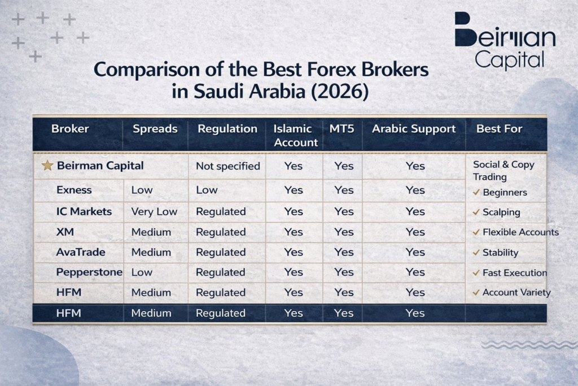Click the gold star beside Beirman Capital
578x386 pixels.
tap(47, 166)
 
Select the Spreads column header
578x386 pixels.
tap(155, 129)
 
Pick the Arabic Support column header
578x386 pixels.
tap(413, 129)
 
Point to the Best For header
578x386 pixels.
tap(499, 129)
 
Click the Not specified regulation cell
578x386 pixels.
tap(227, 166)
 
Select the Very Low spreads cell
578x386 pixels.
tap(154, 212)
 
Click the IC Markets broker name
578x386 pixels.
tap(84, 211)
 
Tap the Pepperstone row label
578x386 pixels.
tap(89, 272)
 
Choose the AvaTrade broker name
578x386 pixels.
tap(80, 252)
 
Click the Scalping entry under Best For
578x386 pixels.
tap(501, 212)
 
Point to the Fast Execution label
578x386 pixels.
tap(514, 272)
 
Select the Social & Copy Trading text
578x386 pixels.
tap(503, 170)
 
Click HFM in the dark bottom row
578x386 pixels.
tap(68, 313)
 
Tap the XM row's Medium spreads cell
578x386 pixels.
tap(151, 232)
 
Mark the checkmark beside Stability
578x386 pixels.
tap(476, 253)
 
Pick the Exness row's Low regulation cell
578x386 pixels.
tap(206, 190)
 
